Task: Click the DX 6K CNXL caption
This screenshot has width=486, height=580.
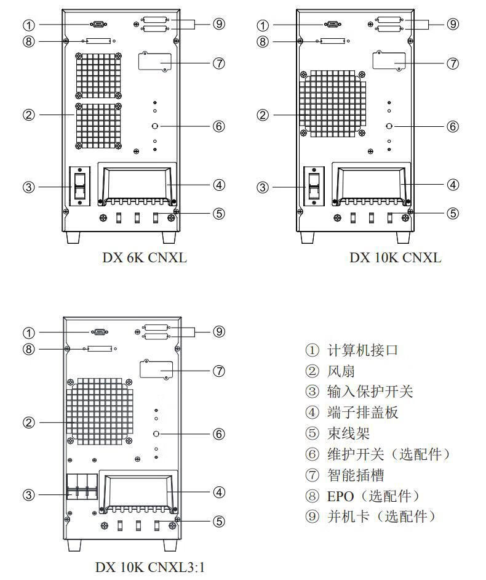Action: (145, 257)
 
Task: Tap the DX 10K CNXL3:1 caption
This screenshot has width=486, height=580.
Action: (150, 566)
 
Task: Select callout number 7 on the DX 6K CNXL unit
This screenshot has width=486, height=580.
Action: (219, 63)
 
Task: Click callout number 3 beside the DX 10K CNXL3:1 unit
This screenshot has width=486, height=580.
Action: (29, 494)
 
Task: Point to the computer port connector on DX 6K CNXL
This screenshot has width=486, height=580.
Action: (98, 25)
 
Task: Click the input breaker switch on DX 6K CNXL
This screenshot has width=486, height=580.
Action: (80, 185)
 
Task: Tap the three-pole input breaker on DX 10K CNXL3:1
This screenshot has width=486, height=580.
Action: (82, 486)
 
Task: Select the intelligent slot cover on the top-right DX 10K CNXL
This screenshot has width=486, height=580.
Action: (389, 61)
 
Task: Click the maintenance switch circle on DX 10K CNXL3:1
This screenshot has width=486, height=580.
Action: (156, 433)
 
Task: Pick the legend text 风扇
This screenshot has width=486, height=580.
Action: (341, 371)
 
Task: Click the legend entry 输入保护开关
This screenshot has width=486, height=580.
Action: (370, 392)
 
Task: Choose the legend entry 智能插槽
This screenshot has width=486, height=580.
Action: (356, 475)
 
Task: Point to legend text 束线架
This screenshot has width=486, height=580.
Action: (348, 433)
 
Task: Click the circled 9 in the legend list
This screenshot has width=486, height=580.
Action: (312, 517)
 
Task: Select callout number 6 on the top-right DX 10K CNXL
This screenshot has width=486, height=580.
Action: (453, 126)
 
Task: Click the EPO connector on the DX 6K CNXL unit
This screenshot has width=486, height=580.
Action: (98, 41)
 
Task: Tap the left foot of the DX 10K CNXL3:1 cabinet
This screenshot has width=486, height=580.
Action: (74, 545)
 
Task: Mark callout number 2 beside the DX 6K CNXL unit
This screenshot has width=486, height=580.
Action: (29, 115)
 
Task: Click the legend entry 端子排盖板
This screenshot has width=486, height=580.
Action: (362, 413)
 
